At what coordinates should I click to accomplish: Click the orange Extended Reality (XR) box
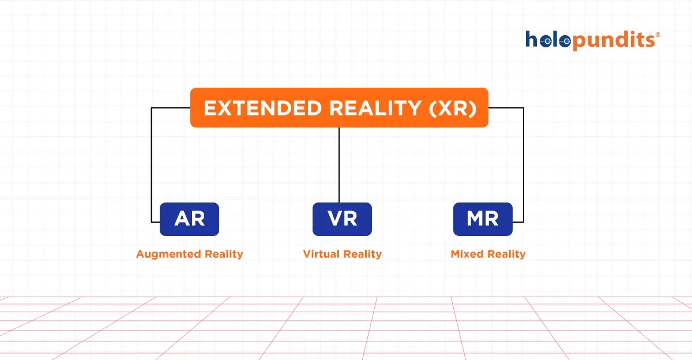point(339,108)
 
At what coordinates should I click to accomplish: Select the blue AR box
point(189,219)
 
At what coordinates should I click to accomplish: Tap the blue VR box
point(342,219)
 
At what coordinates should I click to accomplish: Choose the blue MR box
point(483,219)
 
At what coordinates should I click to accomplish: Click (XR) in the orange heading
point(453,108)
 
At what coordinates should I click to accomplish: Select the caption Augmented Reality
point(189,254)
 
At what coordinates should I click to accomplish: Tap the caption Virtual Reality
point(342,254)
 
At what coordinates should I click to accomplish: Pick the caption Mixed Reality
point(488,254)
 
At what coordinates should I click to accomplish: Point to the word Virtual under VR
point(320,254)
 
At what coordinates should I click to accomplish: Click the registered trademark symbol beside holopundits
point(658,35)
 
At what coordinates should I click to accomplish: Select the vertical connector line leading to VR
point(339,164)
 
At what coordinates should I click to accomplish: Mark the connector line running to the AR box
point(152,164)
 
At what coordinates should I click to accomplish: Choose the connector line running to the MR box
point(523,164)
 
